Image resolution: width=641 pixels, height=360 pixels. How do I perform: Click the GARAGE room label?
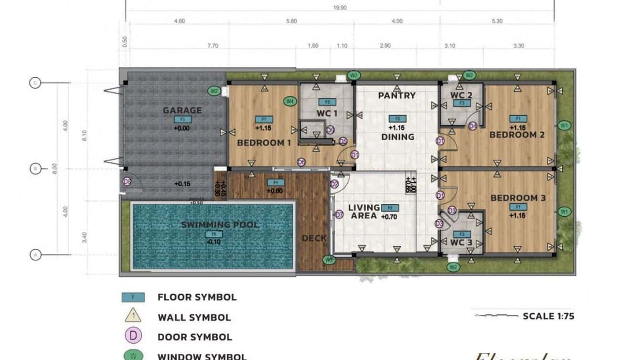coord(182,110)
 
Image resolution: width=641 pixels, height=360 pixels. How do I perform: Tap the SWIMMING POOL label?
coord(220,224)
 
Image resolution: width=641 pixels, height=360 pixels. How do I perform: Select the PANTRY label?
coord(397,95)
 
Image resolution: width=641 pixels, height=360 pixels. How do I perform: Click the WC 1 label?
coord(327,114)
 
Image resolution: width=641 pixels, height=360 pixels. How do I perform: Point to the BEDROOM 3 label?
coord(518,198)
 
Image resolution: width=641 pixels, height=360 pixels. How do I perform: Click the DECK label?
coord(314,238)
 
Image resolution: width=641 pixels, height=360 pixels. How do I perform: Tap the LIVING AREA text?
coord(363,212)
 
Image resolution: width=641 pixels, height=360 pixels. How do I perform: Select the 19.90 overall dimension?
coord(340,7)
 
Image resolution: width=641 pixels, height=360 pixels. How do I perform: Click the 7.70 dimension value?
coord(213,46)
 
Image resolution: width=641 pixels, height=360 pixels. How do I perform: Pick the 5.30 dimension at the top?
coord(496,21)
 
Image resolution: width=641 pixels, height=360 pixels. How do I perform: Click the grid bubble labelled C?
coord(35,83)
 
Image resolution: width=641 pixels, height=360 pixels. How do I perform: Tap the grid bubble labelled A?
coord(35,255)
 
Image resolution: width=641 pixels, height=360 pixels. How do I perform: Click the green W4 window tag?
coord(289,101)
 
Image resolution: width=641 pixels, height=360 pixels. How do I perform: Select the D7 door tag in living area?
coord(339,215)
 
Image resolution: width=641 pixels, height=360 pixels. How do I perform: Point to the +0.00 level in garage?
coord(182,128)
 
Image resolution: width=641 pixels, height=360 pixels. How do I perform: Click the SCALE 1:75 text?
coord(548,316)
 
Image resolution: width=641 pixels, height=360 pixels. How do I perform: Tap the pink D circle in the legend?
coord(133,336)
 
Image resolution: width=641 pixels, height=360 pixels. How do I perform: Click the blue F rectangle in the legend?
coord(133,297)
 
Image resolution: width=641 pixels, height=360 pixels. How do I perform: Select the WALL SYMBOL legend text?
coord(194,317)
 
